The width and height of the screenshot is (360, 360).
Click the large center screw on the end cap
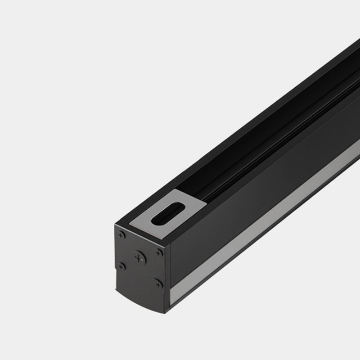pos(139,258)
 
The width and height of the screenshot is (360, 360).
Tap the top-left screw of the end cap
pos(121,234)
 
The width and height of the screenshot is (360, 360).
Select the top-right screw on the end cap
pos(158,252)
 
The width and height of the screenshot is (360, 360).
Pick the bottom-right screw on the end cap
pos(157,283)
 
